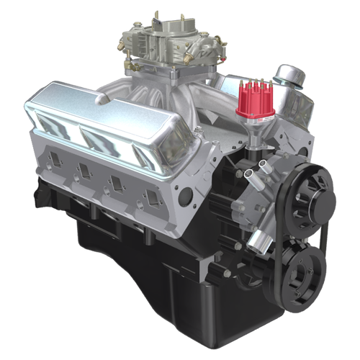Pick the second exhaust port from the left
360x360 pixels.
pyautogui.click(x=84, y=170)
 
